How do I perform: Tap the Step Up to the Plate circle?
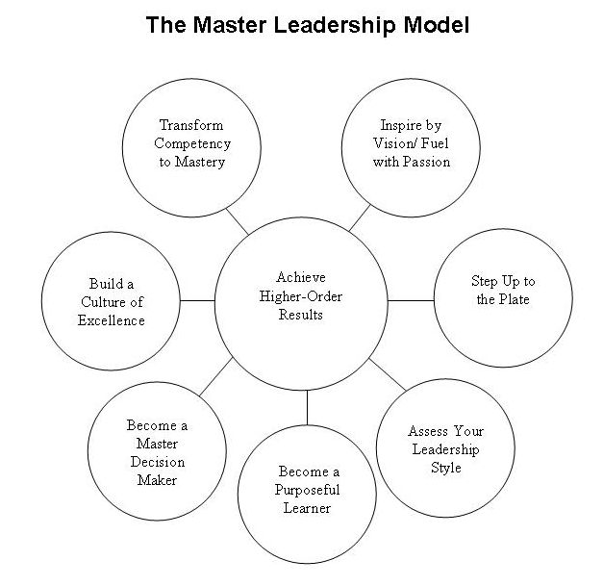[x=502, y=293]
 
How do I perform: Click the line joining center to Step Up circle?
[x=412, y=300]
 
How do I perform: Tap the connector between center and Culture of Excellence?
[x=198, y=300]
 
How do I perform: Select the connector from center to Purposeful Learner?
[x=308, y=408]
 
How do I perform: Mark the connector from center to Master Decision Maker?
[x=217, y=376]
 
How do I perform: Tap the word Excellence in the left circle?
[x=112, y=319]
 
